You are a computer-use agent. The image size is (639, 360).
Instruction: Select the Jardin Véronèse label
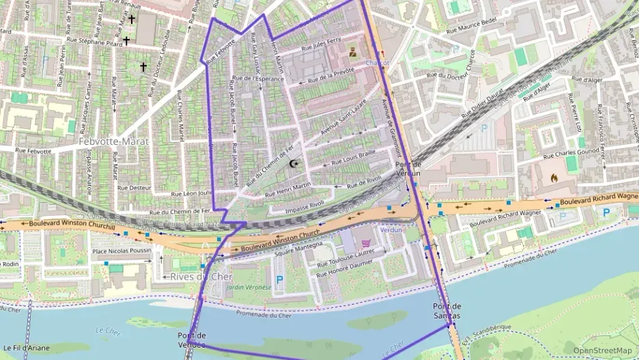coord(248,288)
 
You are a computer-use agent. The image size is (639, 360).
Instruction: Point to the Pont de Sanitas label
coord(446,311)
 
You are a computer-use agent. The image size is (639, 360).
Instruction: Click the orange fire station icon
coord(554,180)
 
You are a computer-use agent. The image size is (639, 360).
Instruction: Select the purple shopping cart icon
coord(366,243)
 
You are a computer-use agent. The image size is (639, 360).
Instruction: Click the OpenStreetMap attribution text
coord(602,350)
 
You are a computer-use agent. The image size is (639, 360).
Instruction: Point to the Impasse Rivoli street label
coord(304,204)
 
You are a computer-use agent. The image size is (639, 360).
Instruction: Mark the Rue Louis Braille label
coord(354,159)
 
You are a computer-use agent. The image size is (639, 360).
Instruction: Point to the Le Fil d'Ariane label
coord(25,348)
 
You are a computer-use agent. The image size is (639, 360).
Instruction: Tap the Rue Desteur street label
coord(134,186)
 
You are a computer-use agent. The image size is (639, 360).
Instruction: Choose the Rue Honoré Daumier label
coord(345,268)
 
